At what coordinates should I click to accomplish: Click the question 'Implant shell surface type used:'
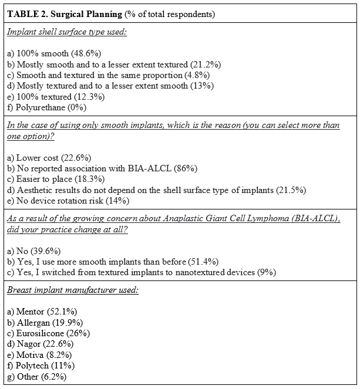pyautogui.click(x=67, y=32)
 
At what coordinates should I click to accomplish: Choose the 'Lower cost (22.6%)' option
pyautogui.click(x=51, y=158)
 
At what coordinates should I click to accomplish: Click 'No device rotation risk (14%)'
pyautogui.click(x=68, y=201)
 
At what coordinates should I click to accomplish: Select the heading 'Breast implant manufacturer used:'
pyautogui.click(x=73, y=290)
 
